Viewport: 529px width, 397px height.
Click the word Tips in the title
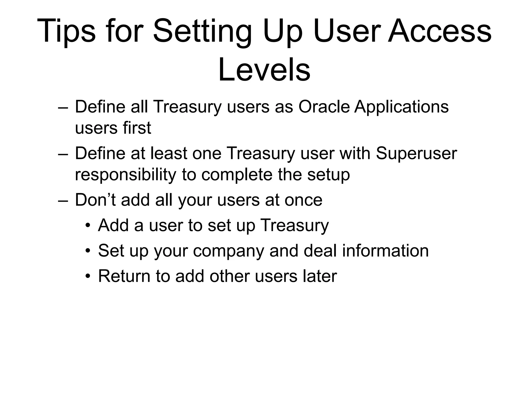point(66,31)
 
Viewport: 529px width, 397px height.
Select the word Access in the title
point(440,31)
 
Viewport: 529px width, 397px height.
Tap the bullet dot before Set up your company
point(88,251)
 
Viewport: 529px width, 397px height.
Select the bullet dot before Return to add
point(88,276)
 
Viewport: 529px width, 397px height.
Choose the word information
point(385,251)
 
